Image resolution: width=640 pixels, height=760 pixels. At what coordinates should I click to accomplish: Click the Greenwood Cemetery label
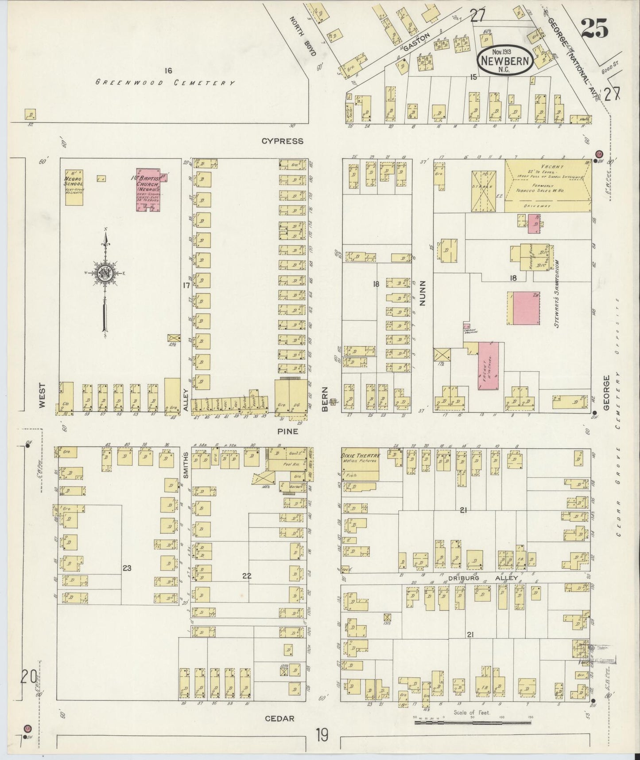(165, 82)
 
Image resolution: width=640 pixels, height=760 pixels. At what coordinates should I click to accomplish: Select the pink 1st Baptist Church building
(149, 190)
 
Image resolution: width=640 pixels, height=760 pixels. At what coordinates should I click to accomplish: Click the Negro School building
(74, 188)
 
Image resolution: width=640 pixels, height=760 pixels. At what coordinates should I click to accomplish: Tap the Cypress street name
(282, 141)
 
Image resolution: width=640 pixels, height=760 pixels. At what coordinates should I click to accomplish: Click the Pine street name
(288, 431)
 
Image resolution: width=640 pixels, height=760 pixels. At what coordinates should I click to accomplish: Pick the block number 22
(247, 576)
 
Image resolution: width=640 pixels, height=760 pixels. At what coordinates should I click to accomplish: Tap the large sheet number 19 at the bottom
(322, 735)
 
